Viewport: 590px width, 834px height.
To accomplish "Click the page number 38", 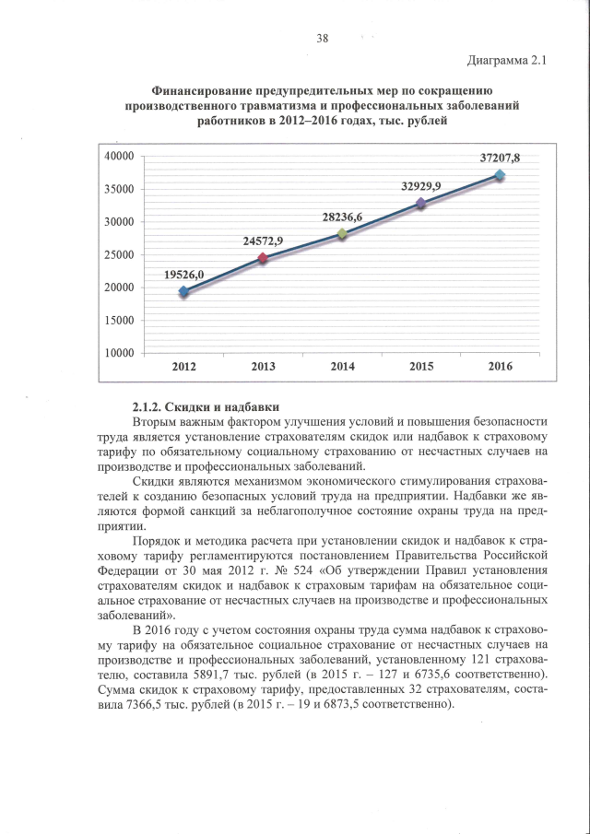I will [322, 39].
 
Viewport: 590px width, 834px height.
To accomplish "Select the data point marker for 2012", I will [183, 291].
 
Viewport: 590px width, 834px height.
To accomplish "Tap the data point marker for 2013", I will [263, 258].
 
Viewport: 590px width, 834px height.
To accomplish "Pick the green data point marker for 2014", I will [342, 234].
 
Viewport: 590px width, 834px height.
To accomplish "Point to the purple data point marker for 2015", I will [421, 203].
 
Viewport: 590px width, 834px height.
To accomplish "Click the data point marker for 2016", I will [500, 175].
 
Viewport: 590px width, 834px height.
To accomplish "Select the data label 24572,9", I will [263, 241].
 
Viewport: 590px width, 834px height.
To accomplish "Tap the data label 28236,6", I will [342, 217].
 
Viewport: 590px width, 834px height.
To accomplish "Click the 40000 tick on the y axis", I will [120, 157].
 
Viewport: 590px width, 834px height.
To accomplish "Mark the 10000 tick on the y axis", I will [120, 353].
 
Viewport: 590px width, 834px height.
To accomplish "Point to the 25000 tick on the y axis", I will [120, 255].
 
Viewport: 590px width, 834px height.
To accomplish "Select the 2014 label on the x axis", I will [342, 368].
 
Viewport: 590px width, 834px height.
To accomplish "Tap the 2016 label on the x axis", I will [500, 368].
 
